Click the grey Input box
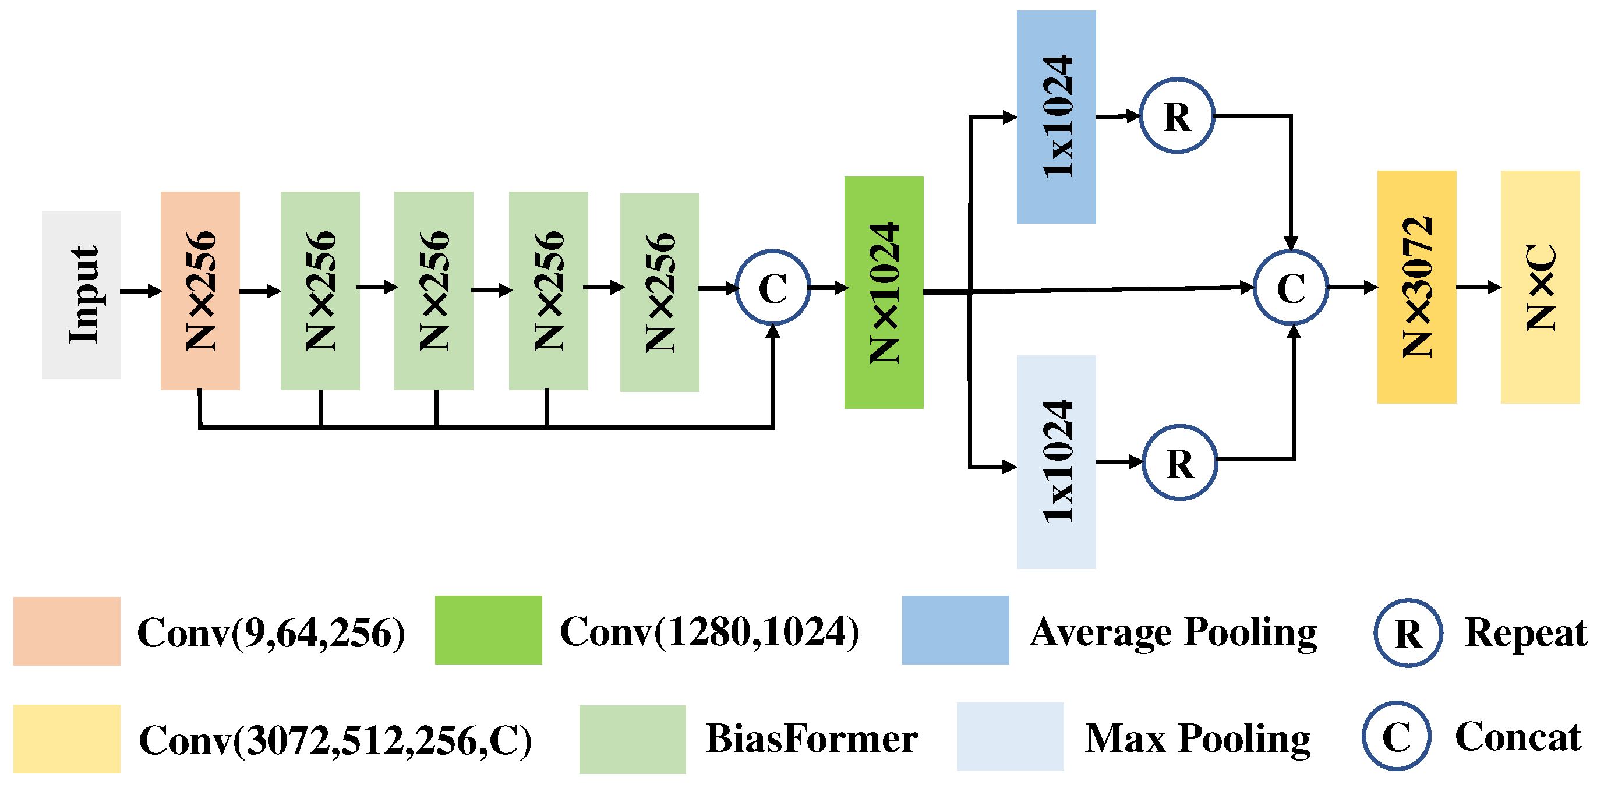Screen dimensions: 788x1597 coord(81,295)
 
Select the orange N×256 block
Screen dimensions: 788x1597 coord(200,290)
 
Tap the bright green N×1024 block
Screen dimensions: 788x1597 coord(884,292)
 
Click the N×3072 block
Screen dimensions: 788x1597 coord(1416,287)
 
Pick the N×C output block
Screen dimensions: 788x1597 coord(1539,287)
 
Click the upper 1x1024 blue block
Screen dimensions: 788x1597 coord(1056,116)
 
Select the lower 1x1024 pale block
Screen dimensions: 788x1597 coord(1056,461)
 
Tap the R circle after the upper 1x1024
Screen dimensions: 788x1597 coord(1176,115)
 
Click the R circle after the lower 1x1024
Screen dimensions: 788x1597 coord(1179,462)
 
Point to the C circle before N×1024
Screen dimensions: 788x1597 coord(772,287)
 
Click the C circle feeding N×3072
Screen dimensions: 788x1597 coord(1290,287)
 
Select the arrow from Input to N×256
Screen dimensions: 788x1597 coord(141,291)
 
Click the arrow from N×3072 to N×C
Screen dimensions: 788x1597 coord(1478,287)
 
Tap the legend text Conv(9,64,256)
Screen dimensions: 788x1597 coord(271,632)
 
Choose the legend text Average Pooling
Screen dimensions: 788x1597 coord(1173,632)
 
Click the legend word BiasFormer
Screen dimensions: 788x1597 coord(811,738)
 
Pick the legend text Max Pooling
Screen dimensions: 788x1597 coord(1197,738)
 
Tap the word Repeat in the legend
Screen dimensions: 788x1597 coord(1525,632)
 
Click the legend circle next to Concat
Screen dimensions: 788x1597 coord(1396,736)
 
